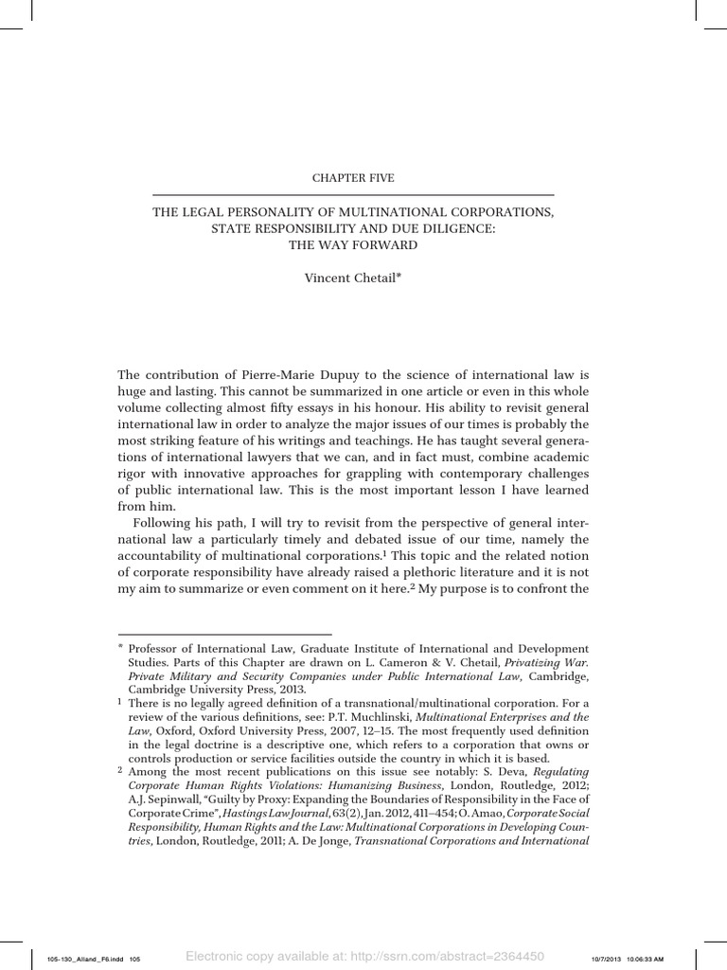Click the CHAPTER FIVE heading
click(353, 177)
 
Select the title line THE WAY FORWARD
click(353, 245)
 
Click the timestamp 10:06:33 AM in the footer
click(679, 958)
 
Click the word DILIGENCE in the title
click(452, 229)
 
